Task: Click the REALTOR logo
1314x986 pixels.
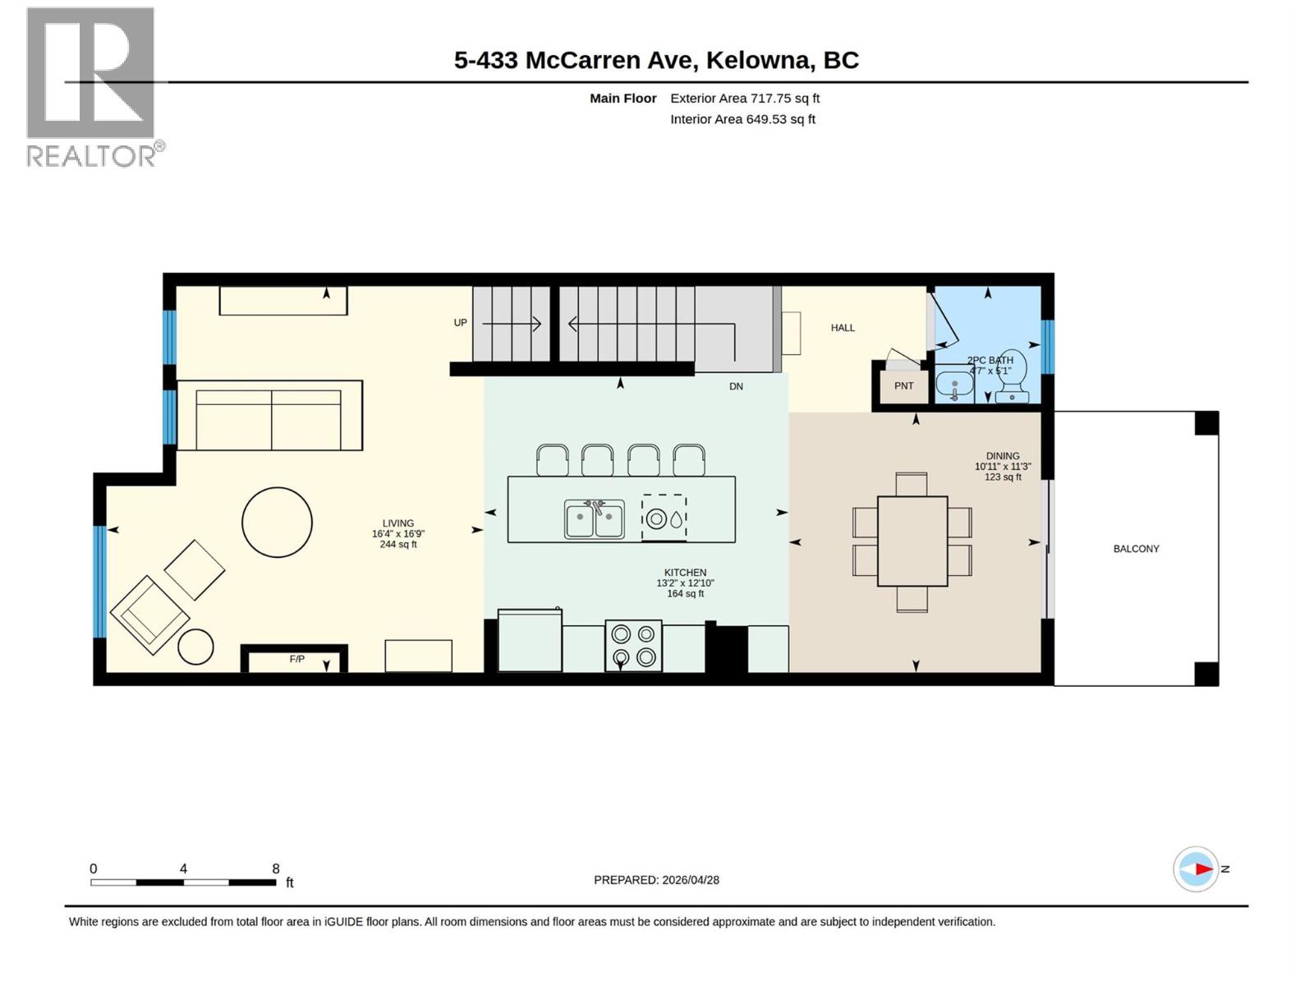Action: pos(91,86)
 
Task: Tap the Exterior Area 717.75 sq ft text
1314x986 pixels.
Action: pos(744,98)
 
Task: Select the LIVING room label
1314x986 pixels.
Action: pos(398,523)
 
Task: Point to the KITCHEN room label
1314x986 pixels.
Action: pos(685,573)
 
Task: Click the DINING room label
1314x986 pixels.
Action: pos(1002,456)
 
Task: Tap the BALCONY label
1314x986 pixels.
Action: pos(1136,549)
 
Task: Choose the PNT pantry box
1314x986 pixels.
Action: pos(903,386)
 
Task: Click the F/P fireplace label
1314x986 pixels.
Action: pos(296,659)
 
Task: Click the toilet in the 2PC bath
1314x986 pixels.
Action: pos(1013,386)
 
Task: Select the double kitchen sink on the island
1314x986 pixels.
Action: pos(595,519)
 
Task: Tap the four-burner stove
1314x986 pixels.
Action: pos(633,645)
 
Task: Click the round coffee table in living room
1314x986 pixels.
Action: pos(277,523)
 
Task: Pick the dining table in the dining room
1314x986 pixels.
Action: pos(912,541)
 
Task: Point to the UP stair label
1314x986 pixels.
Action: pos(460,323)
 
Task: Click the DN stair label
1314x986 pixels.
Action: pos(736,386)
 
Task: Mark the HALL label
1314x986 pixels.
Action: pos(843,328)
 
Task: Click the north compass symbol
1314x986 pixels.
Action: pos(1196,869)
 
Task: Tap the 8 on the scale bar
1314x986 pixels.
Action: pos(276,869)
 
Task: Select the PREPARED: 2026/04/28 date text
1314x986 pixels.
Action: pos(656,880)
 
